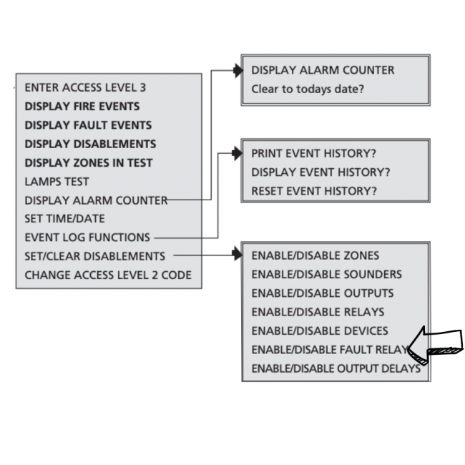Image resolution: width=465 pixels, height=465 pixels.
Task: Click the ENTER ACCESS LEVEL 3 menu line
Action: (x=85, y=87)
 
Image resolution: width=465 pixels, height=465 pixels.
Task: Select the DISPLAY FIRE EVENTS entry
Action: (x=82, y=106)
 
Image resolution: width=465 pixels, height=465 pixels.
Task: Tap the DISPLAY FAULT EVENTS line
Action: (x=88, y=125)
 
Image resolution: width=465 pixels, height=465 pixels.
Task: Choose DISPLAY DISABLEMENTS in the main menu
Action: (x=90, y=144)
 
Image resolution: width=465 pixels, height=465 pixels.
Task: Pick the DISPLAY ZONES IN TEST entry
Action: (x=89, y=163)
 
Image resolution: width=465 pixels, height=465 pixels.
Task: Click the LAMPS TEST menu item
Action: (x=57, y=182)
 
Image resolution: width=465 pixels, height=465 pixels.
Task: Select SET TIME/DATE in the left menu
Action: (x=64, y=219)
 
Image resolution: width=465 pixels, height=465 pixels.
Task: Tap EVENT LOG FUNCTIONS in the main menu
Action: (x=87, y=238)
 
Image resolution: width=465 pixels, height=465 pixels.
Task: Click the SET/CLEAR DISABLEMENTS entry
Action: (x=95, y=256)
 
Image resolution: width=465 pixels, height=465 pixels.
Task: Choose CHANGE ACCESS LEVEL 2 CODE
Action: (x=108, y=275)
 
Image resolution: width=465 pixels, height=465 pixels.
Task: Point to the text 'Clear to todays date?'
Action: (x=308, y=89)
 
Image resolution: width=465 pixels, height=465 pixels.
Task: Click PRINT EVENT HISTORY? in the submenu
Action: (x=314, y=153)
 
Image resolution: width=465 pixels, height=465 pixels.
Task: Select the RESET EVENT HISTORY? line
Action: (x=314, y=191)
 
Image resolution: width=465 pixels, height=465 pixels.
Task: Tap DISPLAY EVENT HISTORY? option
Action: (x=320, y=172)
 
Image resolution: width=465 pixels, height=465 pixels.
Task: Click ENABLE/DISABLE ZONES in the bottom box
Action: (x=315, y=255)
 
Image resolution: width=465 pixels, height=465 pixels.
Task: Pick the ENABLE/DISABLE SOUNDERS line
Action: (x=326, y=274)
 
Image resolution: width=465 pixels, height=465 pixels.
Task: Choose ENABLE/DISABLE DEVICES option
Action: (x=320, y=331)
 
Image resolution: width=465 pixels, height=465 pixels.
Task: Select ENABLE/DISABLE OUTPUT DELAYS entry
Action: (x=336, y=368)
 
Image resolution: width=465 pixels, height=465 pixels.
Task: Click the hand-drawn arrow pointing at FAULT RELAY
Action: (x=436, y=346)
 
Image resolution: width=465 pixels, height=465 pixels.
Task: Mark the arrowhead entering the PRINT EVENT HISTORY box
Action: (x=238, y=153)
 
